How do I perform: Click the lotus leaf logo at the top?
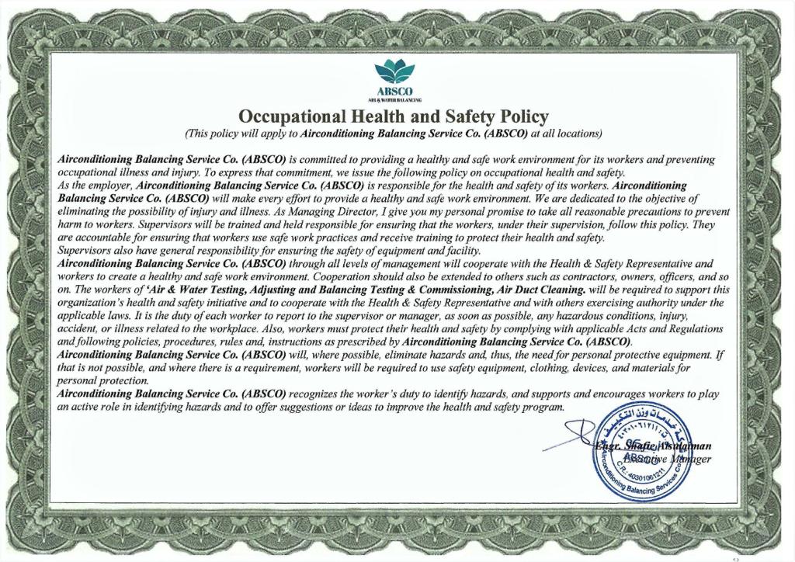[395, 75]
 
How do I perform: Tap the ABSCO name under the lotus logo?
[395, 92]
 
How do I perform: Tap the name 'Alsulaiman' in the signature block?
[683, 446]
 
